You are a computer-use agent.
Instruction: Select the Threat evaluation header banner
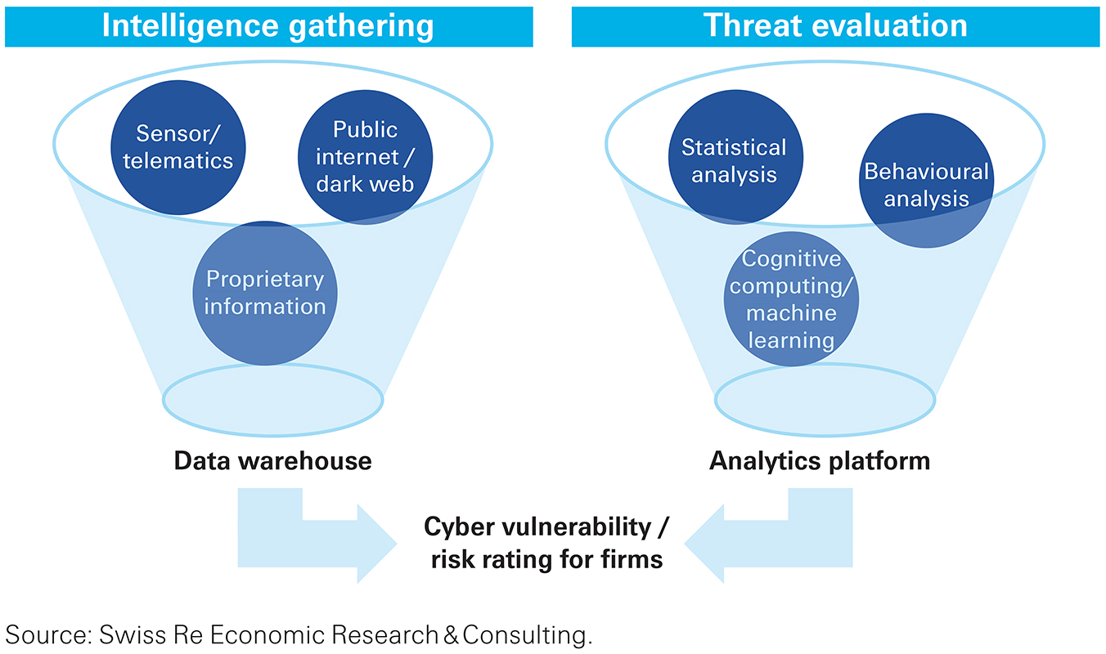pos(836,26)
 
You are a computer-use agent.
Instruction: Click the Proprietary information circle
pos(264,293)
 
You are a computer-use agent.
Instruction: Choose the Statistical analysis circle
pos(734,160)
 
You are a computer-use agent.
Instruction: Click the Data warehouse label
pos(272,461)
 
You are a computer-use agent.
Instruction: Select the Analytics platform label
pos(820,461)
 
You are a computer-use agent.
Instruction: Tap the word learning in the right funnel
pos(791,339)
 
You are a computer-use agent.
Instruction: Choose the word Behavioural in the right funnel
pos(926,172)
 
